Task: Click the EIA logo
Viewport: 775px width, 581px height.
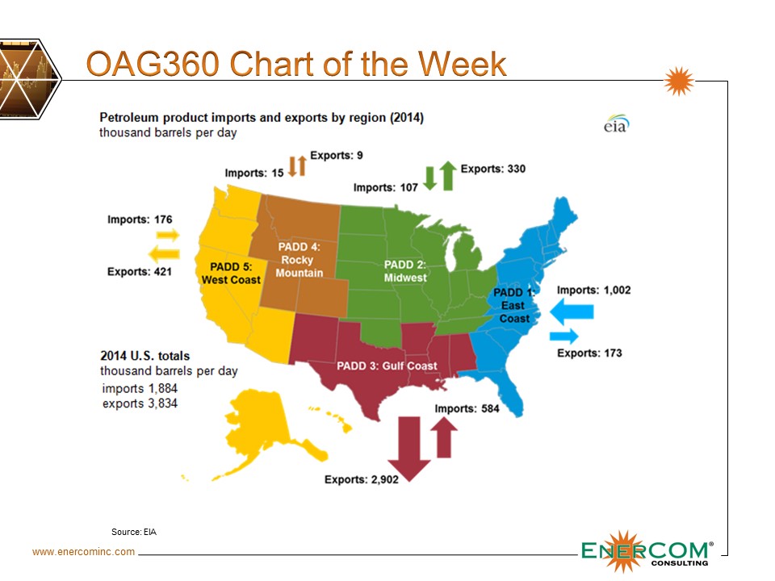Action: click(617, 124)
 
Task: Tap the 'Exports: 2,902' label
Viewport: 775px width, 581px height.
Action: click(362, 479)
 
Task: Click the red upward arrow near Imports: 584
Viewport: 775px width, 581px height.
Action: click(444, 437)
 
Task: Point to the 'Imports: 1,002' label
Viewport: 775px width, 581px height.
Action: click(593, 290)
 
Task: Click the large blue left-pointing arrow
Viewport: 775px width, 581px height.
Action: click(572, 311)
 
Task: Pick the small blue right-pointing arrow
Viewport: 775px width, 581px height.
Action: click(564, 336)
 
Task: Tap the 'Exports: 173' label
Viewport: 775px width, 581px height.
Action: click(589, 353)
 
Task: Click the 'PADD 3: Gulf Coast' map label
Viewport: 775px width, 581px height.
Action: click(387, 366)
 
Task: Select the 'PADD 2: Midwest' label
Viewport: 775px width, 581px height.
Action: click(405, 271)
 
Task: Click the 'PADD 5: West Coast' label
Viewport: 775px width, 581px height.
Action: click(231, 274)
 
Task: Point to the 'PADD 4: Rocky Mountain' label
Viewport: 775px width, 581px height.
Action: click(299, 259)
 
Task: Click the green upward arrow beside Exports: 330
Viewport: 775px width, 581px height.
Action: click(448, 176)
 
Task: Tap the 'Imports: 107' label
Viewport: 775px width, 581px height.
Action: click(386, 188)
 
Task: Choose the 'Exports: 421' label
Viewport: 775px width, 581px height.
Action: click(140, 272)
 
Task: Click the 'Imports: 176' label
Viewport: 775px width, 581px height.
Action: click(140, 219)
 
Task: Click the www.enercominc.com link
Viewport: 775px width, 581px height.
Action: click(83, 552)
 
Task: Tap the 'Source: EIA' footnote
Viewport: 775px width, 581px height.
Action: click(134, 532)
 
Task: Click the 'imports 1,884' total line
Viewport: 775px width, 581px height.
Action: click(140, 388)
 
